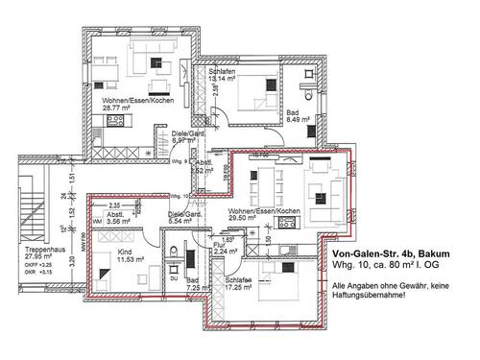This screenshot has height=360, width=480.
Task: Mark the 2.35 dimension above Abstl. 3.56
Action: pyautogui.click(x=113, y=204)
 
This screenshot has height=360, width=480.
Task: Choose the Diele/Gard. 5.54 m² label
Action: pyautogui.click(x=183, y=217)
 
